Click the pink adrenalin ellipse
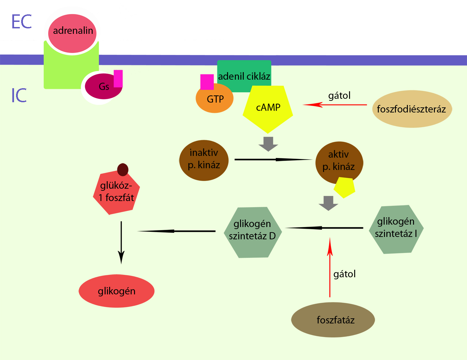72,33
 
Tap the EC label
22,22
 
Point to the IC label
19,95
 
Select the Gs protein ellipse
104,86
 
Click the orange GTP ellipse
214,98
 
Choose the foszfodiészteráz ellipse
412,109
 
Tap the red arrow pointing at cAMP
335,105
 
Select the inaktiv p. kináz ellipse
204,160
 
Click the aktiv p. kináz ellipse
339,163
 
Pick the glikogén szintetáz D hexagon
253,232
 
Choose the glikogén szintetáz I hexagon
396,229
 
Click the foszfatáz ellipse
333,320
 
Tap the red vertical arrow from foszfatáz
330,267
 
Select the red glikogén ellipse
117,291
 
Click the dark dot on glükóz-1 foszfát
123,170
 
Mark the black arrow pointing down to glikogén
121,243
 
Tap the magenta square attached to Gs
118,79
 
